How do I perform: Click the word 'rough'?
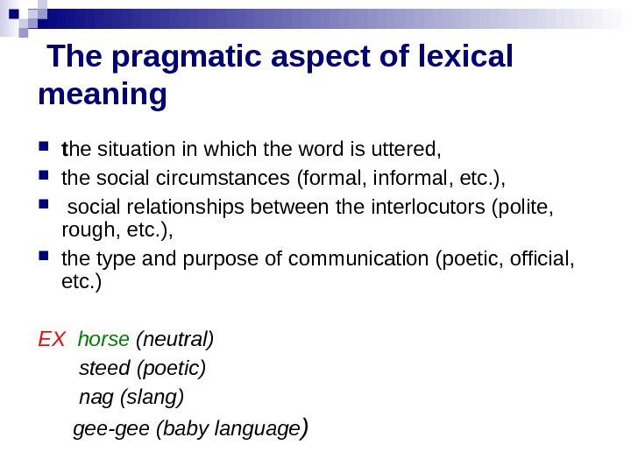pyautogui.click(x=82, y=231)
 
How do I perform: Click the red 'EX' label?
pyautogui.click(x=53, y=338)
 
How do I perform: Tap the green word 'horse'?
pyautogui.click(x=103, y=338)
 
